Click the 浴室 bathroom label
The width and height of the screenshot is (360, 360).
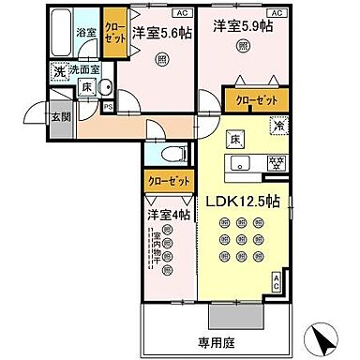85,33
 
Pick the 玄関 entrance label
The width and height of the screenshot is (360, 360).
60,117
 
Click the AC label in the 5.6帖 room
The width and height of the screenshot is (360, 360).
180,13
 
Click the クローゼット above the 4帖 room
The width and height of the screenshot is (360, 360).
169,179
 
